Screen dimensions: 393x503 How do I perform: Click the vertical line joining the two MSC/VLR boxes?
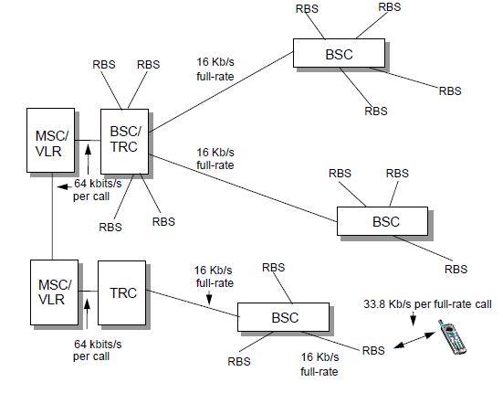pyautogui.click(x=52, y=214)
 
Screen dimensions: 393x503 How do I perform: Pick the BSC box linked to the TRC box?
pyautogui.click(x=281, y=317)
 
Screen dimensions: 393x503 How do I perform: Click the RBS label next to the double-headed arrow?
pyautogui.click(x=373, y=350)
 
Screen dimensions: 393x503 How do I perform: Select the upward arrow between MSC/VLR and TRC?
pyautogui.click(x=87, y=308)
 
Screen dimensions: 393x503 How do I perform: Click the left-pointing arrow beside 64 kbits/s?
pyautogui.click(x=63, y=187)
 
